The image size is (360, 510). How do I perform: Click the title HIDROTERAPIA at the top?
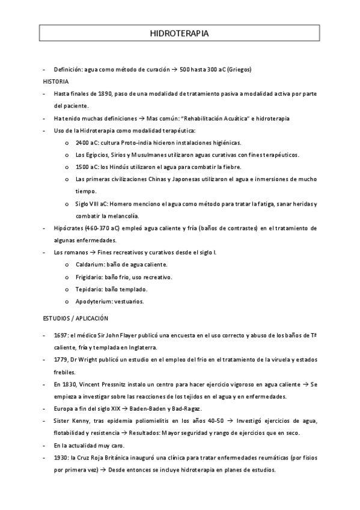[179, 34]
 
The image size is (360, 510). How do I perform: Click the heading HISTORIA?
[56, 81]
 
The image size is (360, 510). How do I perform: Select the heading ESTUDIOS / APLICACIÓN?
[76, 317]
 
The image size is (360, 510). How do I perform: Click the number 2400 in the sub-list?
[82, 143]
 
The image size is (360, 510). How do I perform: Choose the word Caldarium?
[91, 265]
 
